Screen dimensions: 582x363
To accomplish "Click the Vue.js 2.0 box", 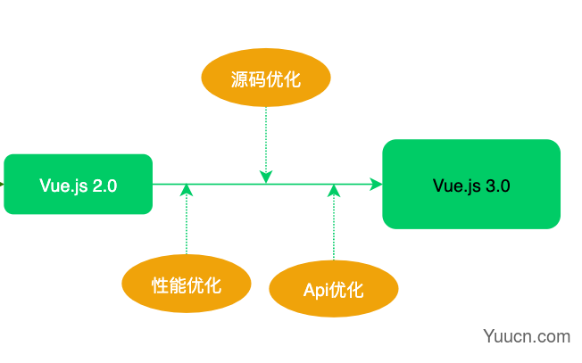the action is pos(78,185).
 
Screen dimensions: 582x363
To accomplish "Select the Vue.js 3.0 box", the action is pos(471,185).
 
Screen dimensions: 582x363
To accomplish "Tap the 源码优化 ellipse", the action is pos(266,78).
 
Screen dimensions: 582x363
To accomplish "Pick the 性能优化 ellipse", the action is pos(187,284).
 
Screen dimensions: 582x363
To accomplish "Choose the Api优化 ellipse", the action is pos(334,289).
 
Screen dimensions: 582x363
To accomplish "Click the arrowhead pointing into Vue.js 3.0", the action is pos(376,184).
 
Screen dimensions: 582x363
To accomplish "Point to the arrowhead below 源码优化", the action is pos(266,177).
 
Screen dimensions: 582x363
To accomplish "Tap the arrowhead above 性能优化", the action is pos(187,190).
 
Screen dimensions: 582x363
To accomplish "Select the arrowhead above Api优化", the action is pos(334,190).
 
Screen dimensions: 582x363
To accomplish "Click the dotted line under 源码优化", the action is pos(266,139).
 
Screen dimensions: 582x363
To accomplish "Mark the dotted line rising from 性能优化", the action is pos(187,226).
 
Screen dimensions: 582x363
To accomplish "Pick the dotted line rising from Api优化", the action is pos(334,228).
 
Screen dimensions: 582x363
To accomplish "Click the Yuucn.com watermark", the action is pos(527,336).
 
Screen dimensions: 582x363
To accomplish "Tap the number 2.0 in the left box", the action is pos(104,186).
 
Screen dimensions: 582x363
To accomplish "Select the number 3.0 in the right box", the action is pos(498,186).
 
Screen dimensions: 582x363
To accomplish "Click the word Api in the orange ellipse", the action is pos(315,291).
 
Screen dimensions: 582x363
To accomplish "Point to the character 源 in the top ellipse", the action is pos(239,79).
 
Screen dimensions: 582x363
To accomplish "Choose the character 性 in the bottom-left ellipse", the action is pos(160,285).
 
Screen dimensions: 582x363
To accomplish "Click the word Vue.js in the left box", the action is pos(64,186).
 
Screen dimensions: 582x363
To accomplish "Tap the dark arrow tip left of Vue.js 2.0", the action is pos(2,184).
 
